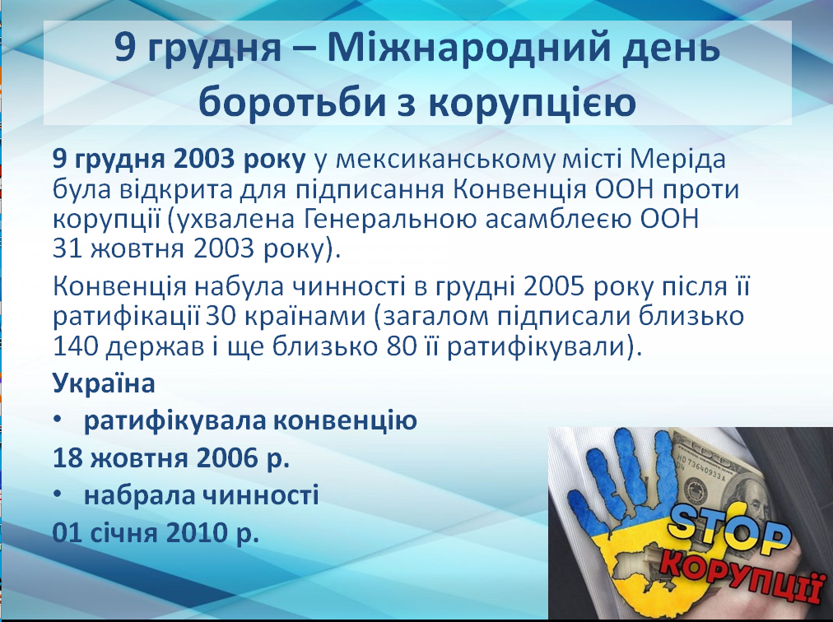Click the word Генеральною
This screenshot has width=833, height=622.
pos(390,220)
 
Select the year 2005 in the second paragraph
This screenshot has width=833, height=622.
pos(554,287)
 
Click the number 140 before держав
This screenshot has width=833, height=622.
pos(75,347)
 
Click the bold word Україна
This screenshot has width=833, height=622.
pos(104,383)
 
